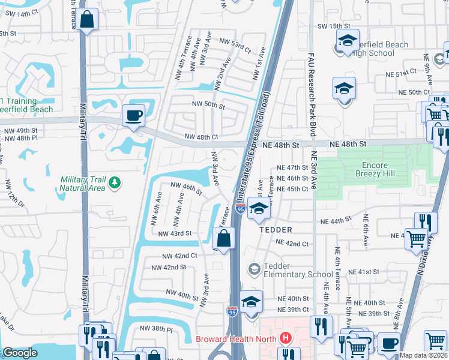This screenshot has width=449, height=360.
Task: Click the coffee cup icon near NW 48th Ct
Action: pos(133,115)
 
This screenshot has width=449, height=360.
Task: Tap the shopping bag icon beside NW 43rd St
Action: pos(223,238)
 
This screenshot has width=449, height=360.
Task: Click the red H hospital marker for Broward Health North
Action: pos(285,338)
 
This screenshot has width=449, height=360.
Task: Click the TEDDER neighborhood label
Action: pos(276,230)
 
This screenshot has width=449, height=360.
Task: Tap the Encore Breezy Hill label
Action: pos(383,169)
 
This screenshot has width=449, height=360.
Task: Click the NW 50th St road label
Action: pos(208,105)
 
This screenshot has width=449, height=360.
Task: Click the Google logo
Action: pos(20,353)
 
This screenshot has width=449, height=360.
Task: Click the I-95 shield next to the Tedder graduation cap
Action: pos(241,209)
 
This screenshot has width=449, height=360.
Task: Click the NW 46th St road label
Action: pos(187,188)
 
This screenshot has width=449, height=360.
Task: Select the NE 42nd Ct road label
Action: pos(292,244)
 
